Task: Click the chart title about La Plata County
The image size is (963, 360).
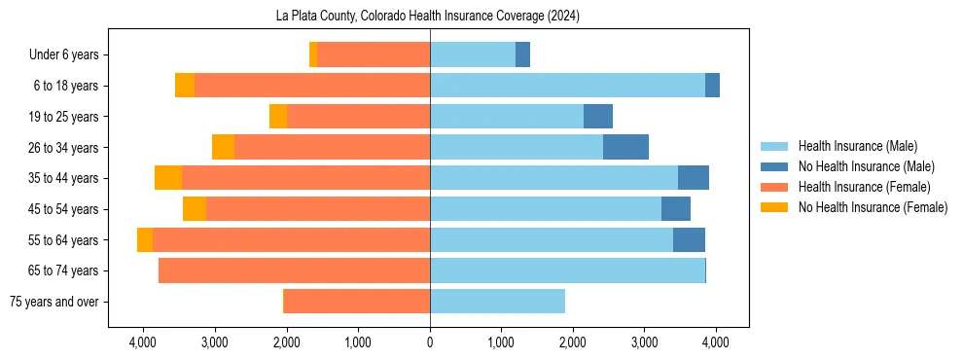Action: pyautogui.click(x=430, y=17)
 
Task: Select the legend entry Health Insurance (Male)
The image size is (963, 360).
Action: pyautogui.click(x=856, y=146)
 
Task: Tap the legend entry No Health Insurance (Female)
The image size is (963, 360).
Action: pyautogui.click(x=872, y=207)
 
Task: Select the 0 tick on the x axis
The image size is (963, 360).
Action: pyautogui.click(x=430, y=342)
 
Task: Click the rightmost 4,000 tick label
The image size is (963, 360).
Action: pyautogui.click(x=716, y=342)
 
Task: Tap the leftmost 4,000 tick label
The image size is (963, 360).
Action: pyautogui.click(x=143, y=342)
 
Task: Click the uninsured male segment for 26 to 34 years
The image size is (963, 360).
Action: pyautogui.click(x=625, y=147)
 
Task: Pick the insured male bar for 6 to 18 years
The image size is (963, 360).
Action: pyautogui.click(x=567, y=86)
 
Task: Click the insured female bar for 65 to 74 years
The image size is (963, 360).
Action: pyautogui.click(x=294, y=270)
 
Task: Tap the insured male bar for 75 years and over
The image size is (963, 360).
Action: pyautogui.click(x=497, y=302)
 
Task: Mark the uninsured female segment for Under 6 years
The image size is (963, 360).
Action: pyautogui.click(x=313, y=55)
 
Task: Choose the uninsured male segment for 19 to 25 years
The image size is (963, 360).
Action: pyautogui.click(x=598, y=117)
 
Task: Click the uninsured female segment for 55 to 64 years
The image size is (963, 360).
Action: pyautogui.click(x=145, y=239)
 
